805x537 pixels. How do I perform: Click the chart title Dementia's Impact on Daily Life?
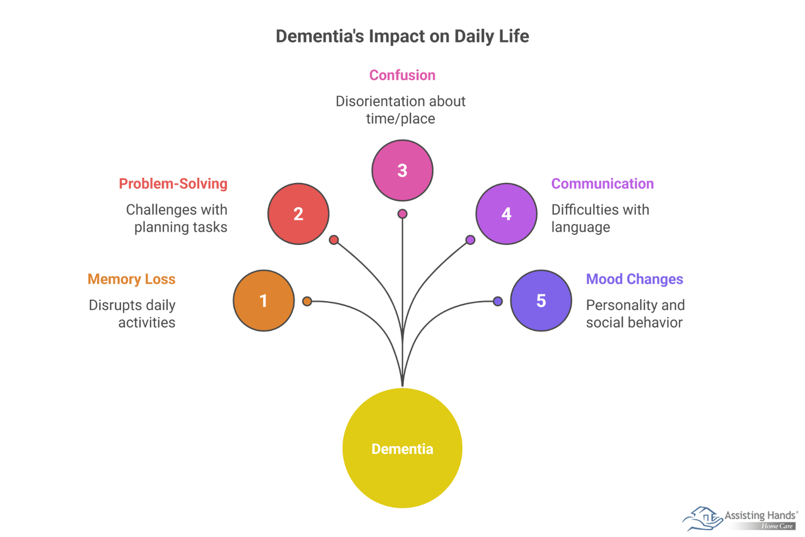(402, 36)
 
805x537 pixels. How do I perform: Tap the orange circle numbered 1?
(264, 300)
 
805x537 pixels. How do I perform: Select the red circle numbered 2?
(298, 213)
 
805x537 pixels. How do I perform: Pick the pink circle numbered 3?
(402, 170)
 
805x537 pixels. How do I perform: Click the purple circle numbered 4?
(506, 213)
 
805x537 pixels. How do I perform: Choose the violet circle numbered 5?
(541, 300)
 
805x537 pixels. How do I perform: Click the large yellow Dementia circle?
(402, 448)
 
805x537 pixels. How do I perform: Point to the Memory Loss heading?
(132, 279)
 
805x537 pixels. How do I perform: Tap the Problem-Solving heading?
(173, 184)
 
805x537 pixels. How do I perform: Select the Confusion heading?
(402, 75)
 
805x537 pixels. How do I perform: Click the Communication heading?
(602, 184)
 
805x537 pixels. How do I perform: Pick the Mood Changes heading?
(634, 279)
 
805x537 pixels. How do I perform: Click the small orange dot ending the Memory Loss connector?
(308, 301)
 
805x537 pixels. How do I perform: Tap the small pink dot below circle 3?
(402, 213)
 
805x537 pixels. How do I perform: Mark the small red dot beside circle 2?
(334, 240)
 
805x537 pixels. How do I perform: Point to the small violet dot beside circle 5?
(498, 301)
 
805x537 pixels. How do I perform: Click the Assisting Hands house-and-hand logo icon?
(702, 518)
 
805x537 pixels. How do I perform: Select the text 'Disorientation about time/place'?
(401, 110)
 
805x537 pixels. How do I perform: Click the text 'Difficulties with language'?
(600, 218)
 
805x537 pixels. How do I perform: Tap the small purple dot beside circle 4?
(470, 240)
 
